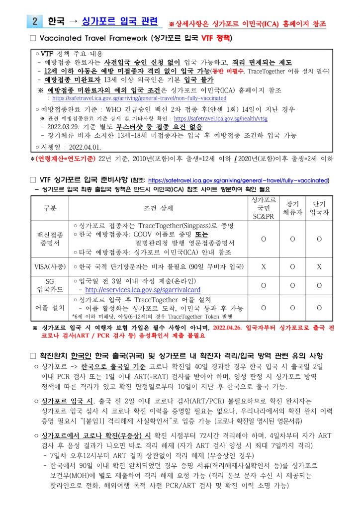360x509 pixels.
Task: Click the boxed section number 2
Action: [x=35, y=21]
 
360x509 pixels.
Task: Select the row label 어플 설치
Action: [x=50, y=308]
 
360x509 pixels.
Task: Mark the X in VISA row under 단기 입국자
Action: [x=319, y=266]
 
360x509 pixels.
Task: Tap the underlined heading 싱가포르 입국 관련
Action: [x=119, y=21]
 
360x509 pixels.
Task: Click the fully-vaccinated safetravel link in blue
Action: [x=239, y=180]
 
